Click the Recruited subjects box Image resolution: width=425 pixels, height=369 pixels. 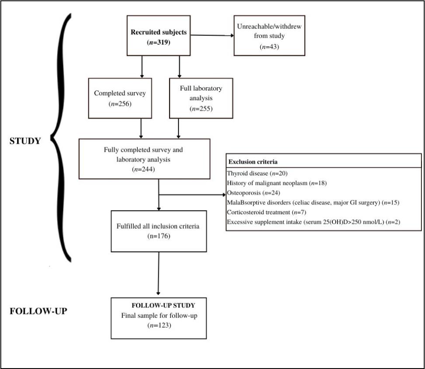(x=159, y=35)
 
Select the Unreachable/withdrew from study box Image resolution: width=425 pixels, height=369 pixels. (x=269, y=36)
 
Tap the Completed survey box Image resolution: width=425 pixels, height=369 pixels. (x=120, y=98)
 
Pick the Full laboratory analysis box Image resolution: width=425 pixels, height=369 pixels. (x=201, y=98)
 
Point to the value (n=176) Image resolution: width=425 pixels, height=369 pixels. (x=159, y=236)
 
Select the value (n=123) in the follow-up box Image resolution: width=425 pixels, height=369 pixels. (x=159, y=325)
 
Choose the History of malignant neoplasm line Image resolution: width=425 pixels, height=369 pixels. (x=277, y=183)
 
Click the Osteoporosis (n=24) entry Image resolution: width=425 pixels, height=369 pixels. (x=254, y=192)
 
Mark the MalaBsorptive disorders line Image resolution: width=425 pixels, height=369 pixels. (x=313, y=202)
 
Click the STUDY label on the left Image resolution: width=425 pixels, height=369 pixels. (x=25, y=141)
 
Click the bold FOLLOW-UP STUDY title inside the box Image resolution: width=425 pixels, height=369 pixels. (x=163, y=305)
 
